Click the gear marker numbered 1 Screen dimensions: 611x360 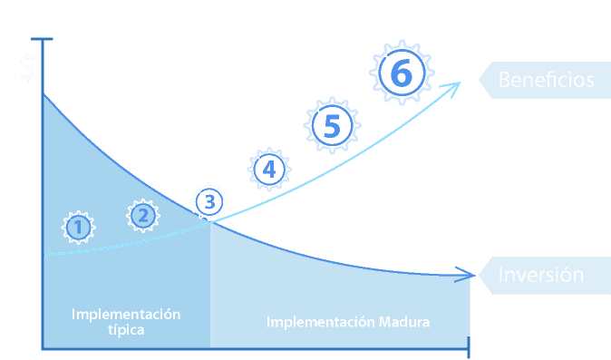pos(78,228)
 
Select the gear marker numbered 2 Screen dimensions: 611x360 pos(143,216)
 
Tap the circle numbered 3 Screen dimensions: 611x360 pos(209,202)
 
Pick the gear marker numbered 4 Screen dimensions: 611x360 pos(269,170)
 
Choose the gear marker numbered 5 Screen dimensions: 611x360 pos(333,125)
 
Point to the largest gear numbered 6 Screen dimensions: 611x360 pos(402,73)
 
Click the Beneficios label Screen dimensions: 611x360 pos(546,80)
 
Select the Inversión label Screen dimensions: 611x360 pos(541,275)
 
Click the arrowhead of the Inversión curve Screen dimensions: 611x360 pos(466,275)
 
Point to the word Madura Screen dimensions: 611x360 pos(404,322)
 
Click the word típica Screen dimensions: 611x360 pos(126,330)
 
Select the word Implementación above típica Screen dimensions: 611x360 pos(126,315)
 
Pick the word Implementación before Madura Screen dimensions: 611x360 pos(321,323)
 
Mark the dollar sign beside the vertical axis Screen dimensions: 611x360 pos(28,68)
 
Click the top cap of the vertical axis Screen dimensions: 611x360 pos(42,39)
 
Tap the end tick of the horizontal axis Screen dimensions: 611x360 pos(469,347)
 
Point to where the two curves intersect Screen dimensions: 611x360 pos(211,222)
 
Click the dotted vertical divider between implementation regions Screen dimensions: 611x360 pos(211,285)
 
